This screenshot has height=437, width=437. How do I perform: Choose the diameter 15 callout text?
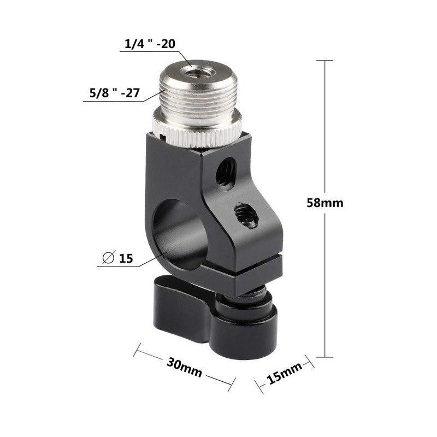point(119,258)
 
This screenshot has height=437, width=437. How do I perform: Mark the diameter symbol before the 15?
point(108,258)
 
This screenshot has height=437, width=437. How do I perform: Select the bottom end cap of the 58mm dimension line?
point(326,358)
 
